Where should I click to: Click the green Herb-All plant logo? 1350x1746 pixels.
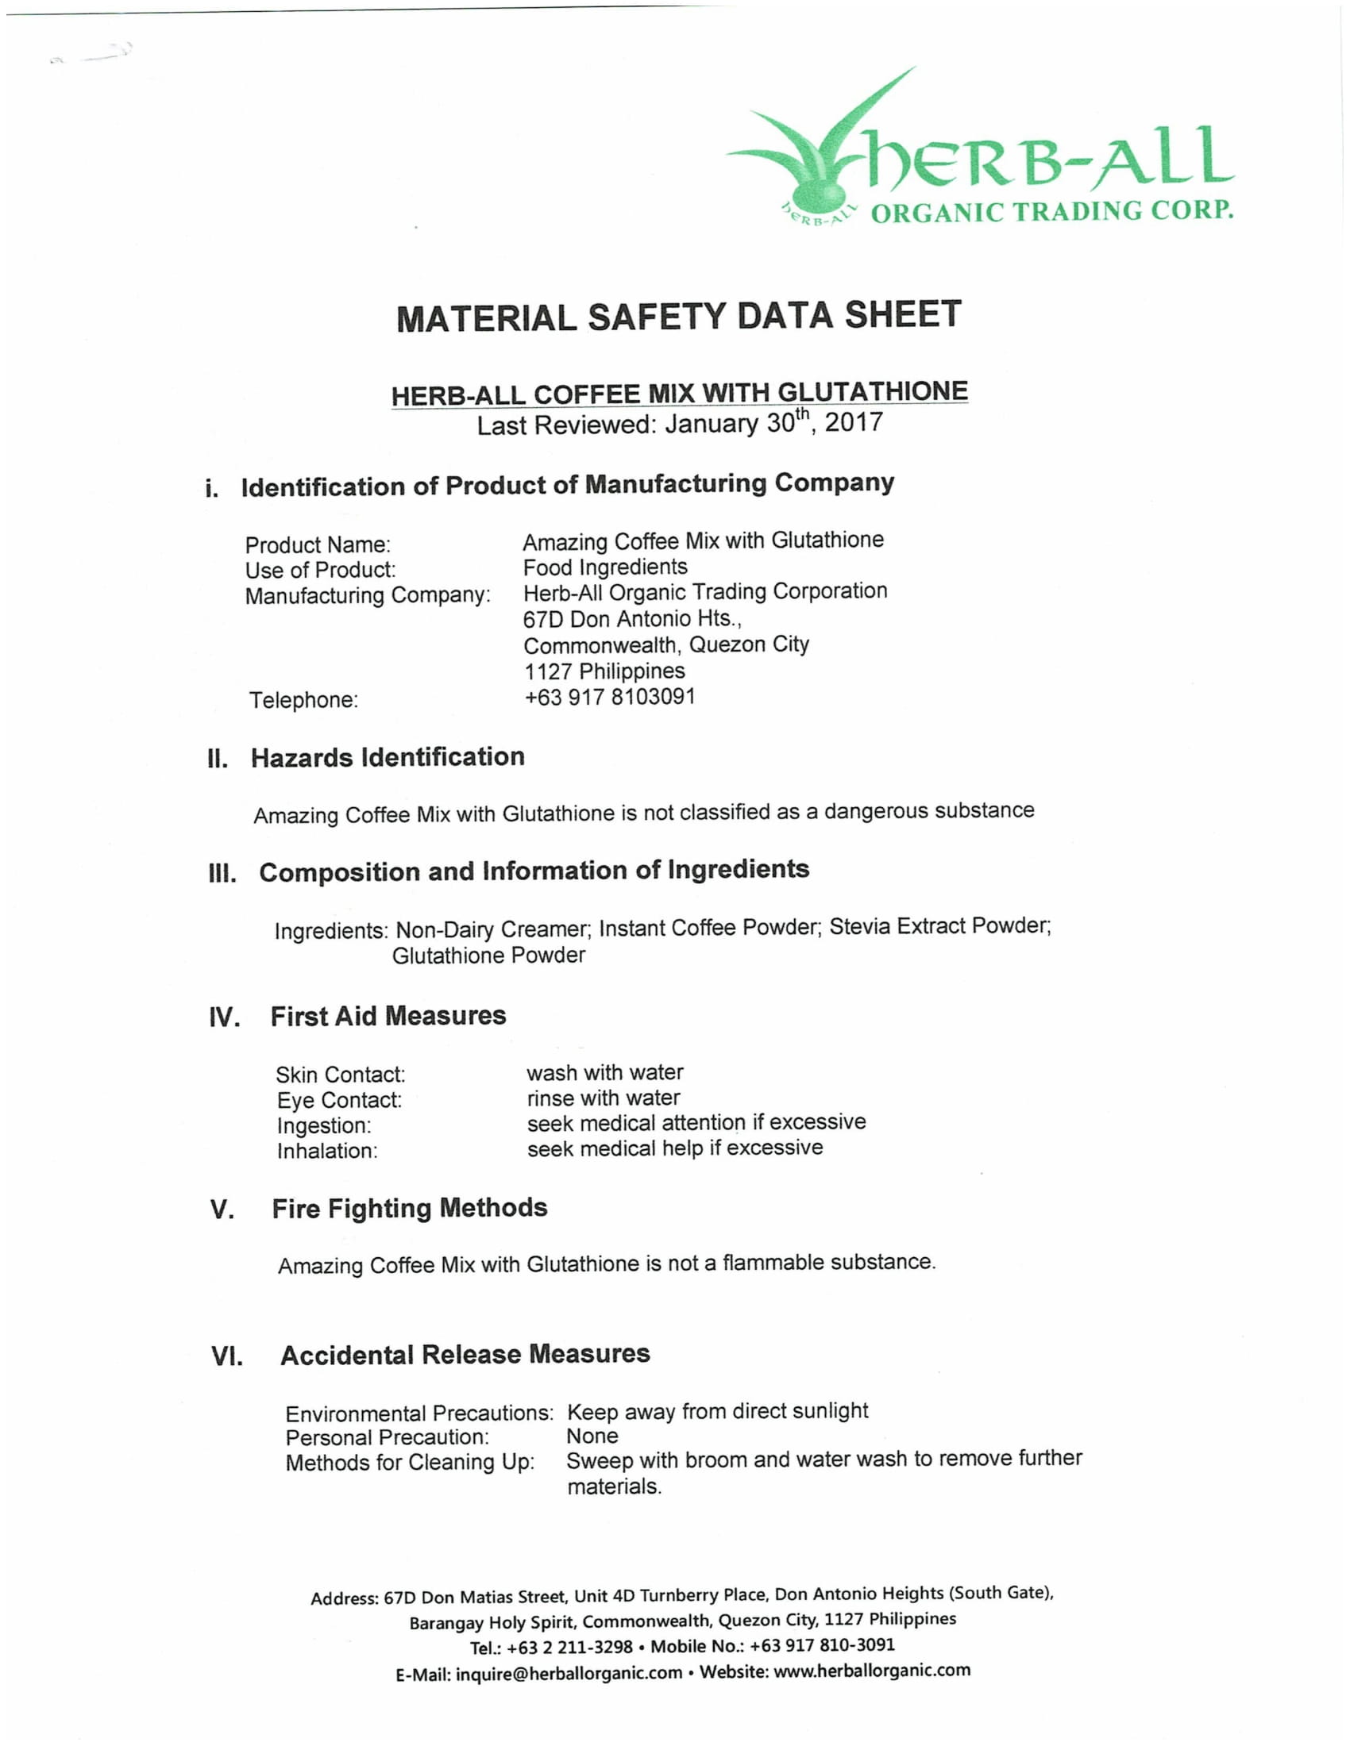click(x=823, y=152)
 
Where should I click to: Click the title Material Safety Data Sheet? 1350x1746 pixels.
click(x=678, y=317)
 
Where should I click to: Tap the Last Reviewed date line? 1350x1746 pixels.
click(x=680, y=423)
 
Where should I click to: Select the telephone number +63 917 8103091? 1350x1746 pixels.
click(x=609, y=697)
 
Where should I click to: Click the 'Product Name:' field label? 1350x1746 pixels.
click(x=318, y=545)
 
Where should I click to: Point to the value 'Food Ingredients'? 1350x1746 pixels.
click(x=604, y=567)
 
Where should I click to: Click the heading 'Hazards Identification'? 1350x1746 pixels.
click(x=387, y=757)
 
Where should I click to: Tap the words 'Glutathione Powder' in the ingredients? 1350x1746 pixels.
click(x=488, y=956)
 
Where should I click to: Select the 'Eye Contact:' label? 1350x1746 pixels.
click(x=339, y=1100)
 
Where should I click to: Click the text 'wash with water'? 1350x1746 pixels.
click(x=604, y=1072)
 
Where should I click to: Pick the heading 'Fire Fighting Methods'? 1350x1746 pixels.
click(x=410, y=1208)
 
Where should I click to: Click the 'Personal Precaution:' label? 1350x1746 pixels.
click(x=386, y=1436)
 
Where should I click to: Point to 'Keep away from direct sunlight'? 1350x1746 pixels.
click(x=717, y=1411)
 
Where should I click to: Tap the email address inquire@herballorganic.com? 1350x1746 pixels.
click(x=569, y=1673)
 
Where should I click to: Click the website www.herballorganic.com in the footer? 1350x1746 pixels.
click(x=872, y=1670)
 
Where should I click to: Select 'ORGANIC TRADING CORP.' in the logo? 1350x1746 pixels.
click(x=1051, y=212)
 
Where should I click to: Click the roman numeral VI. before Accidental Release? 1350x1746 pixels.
click(x=227, y=1356)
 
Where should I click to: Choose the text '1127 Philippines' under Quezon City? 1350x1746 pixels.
click(x=604, y=671)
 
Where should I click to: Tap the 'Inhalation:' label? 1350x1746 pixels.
click(x=326, y=1152)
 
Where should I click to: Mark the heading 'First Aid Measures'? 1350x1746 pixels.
click(x=388, y=1016)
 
